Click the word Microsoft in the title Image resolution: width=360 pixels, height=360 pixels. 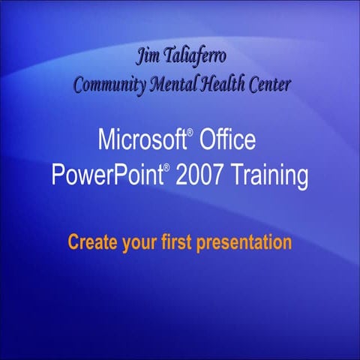[142, 139]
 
